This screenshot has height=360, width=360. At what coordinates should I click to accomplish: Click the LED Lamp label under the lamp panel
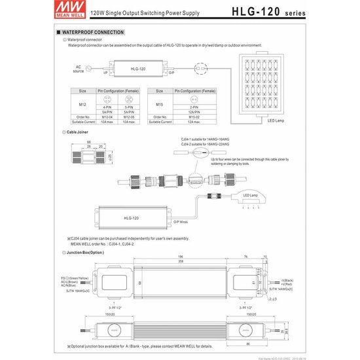(x=275, y=120)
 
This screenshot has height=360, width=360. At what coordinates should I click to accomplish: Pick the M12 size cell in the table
(x=82, y=103)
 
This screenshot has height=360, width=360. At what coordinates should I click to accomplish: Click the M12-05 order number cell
(x=128, y=117)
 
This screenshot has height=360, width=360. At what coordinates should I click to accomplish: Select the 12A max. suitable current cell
(x=193, y=122)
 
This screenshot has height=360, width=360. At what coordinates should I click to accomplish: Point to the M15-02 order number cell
(x=193, y=117)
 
